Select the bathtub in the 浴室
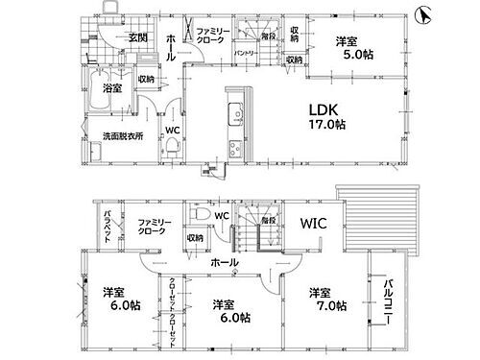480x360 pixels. (x=101, y=96)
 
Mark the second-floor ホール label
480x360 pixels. (x=225, y=262)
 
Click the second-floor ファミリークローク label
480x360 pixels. (x=153, y=227)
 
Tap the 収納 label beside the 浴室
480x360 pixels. (x=146, y=80)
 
